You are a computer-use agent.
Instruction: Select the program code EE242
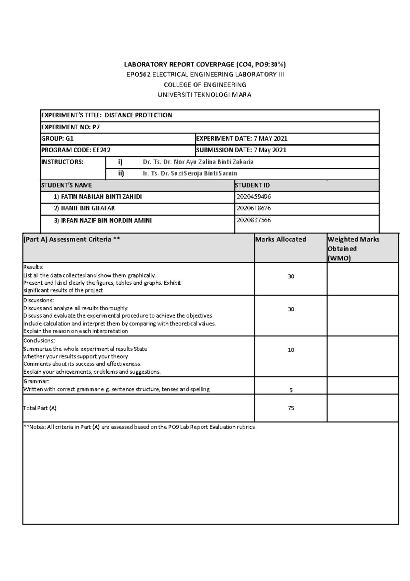coord(99,150)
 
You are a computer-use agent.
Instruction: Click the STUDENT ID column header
coord(252,185)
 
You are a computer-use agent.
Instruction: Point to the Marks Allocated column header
coord(280,240)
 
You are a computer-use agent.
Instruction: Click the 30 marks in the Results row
coord(291,276)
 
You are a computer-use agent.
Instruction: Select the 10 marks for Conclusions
coord(291,350)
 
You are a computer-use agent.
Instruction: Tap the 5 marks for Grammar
coord(291,390)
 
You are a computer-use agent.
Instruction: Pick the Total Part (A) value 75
coord(291,408)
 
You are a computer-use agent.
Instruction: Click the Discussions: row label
coord(38,300)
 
